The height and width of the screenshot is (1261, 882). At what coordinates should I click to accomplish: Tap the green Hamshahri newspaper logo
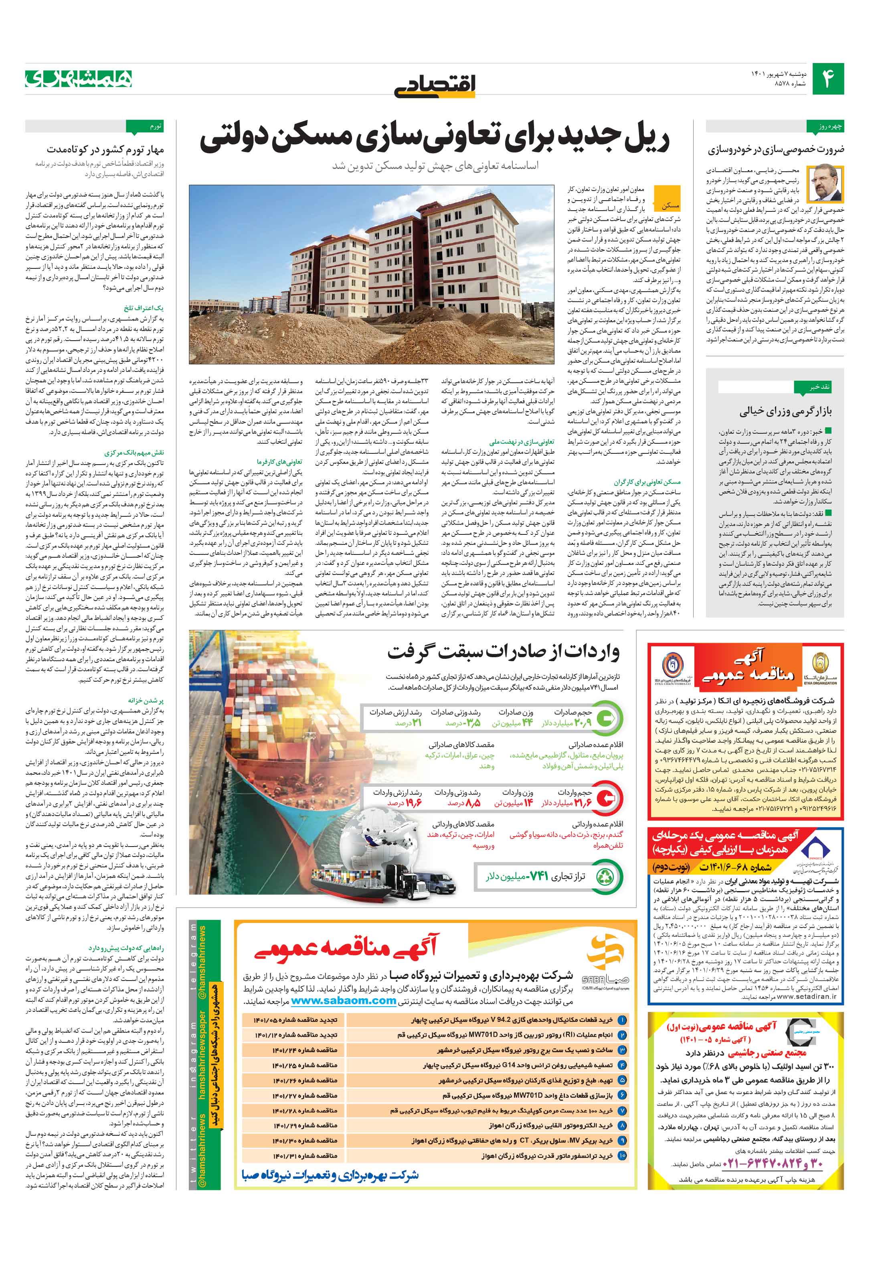coord(79,79)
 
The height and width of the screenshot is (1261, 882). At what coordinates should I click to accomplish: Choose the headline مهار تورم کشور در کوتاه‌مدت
coord(105,149)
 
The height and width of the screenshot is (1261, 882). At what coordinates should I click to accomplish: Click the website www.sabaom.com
coord(343,1000)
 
